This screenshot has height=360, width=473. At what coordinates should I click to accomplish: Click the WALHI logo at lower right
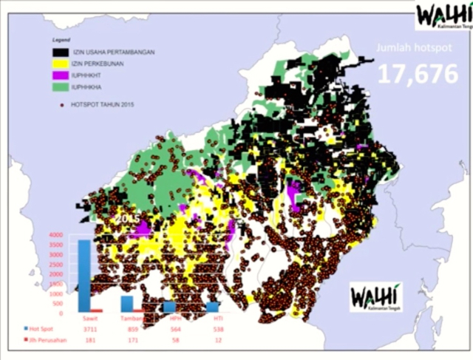click(376, 293)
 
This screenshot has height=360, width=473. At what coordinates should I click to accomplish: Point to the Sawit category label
click(88, 318)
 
